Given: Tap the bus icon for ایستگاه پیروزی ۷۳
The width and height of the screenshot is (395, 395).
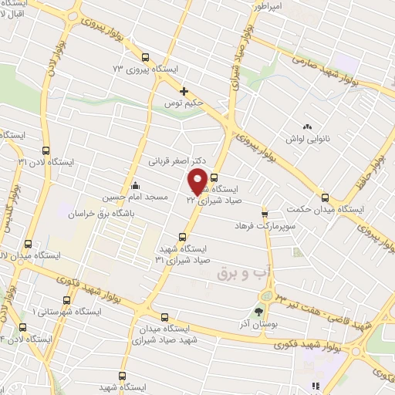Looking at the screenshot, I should click(x=145, y=56).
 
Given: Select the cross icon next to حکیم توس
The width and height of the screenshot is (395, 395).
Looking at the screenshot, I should click(x=184, y=91).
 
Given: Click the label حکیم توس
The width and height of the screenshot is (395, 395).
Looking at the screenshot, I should click(x=183, y=103).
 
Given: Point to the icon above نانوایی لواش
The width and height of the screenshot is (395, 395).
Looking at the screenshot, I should click(x=308, y=126).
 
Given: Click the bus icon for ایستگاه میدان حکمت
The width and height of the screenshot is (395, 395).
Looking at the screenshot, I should click(x=325, y=197).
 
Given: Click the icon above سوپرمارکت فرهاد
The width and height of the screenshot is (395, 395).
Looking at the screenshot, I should click(x=265, y=213).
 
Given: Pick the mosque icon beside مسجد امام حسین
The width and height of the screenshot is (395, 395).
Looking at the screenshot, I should click(x=136, y=185).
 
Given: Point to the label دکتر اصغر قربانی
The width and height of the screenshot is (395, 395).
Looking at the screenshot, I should click(x=178, y=162).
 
